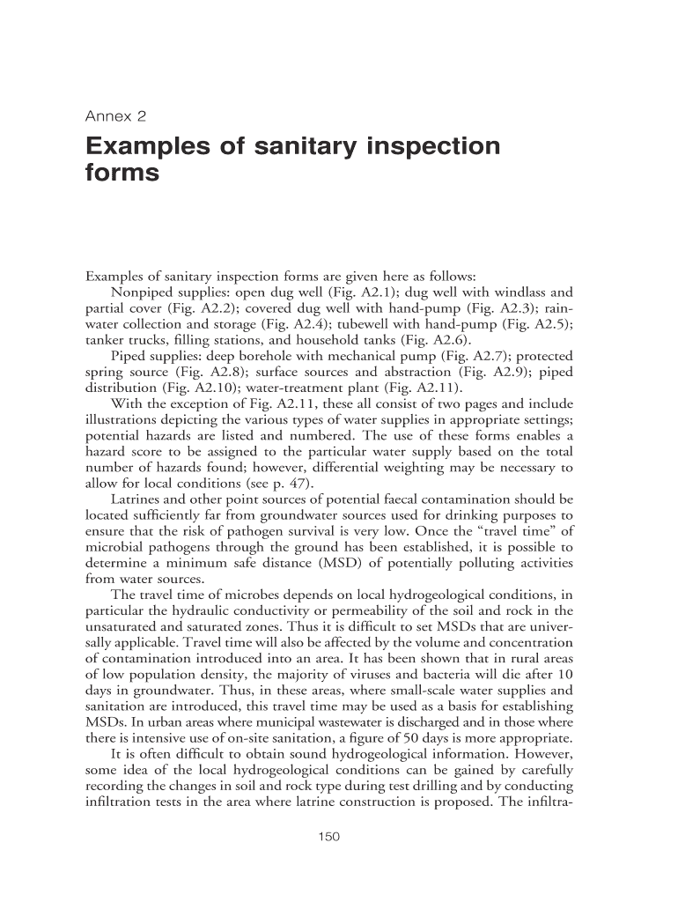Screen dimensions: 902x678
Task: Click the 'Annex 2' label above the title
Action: coord(115,115)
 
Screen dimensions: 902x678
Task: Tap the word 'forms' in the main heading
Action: coord(122,174)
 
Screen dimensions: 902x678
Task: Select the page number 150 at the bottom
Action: coord(328,836)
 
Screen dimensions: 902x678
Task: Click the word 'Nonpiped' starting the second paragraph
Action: coord(142,292)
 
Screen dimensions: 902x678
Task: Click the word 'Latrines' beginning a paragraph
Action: coord(136,499)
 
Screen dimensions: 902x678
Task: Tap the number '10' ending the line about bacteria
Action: coord(564,674)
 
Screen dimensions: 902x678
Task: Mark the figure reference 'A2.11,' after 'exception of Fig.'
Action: coord(273,403)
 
